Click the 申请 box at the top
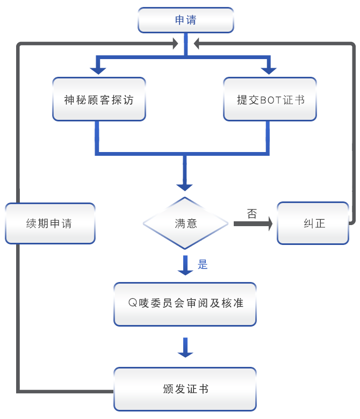tap(186, 20)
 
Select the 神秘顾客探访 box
tap(99, 99)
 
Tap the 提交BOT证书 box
tap(270, 99)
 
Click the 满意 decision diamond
tap(185, 223)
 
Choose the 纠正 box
tap(313, 223)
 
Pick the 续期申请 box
tap(51, 223)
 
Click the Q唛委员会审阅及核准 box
tap(185, 304)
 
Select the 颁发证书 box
tap(185, 389)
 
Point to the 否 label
tap(252, 213)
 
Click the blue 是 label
tap(203, 264)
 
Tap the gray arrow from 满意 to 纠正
tap(253, 223)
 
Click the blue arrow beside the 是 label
tap(185, 265)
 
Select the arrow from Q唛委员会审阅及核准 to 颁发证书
tap(185, 348)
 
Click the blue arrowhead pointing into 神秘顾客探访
tap(98, 71)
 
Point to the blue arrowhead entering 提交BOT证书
tap(269, 71)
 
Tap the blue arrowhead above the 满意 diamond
tap(184, 187)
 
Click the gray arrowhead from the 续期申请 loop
tap(176, 44)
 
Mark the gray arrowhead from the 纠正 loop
tap(196, 44)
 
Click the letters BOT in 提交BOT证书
tap(271, 100)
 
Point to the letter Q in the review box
tap(133, 303)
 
